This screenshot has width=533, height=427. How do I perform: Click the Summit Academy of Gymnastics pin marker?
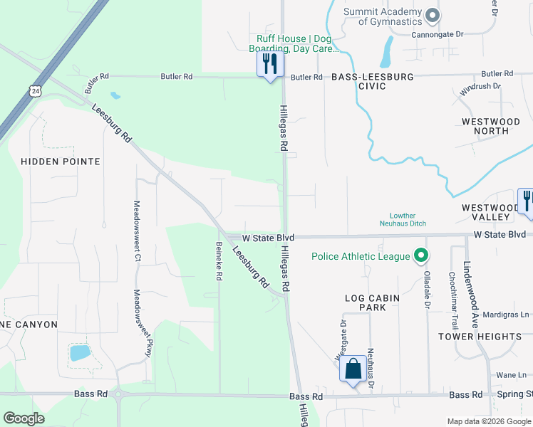(x=431, y=15)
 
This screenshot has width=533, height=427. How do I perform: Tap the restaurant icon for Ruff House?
(x=270, y=65)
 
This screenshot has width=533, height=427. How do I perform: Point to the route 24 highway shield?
(x=35, y=90)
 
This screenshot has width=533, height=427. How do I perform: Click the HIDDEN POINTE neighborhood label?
(x=61, y=162)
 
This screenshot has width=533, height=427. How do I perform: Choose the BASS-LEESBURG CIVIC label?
(x=358, y=81)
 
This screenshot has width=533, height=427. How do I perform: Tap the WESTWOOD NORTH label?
(x=491, y=127)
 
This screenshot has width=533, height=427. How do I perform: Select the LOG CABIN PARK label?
(x=366, y=302)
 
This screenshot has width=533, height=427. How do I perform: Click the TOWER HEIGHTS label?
(x=480, y=336)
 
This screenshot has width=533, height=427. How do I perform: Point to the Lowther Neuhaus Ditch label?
(x=408, y=219)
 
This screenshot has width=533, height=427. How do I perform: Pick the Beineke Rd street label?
(x=219, y=260)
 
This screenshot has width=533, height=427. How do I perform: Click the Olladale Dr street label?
(x=428, y=289)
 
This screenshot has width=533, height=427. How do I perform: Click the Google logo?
(x=24, y=418)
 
